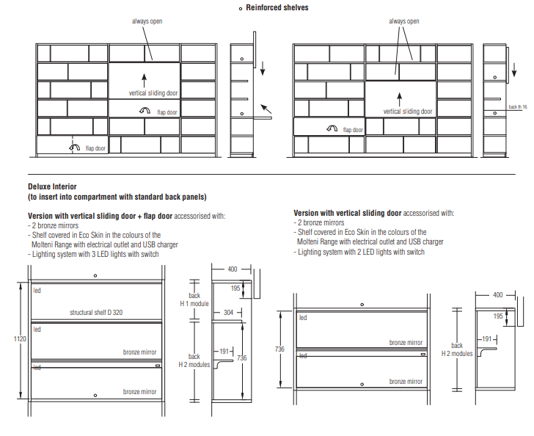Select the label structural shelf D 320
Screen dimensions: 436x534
point(96,312)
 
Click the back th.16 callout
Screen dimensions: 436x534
point(518,107)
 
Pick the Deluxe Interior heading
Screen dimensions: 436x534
point(52,186)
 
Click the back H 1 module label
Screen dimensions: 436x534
point(194,299)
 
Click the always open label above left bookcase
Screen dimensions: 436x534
point(147,21)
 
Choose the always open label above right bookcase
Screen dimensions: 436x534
point(404,21)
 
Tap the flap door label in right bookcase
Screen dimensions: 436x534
point(353,130)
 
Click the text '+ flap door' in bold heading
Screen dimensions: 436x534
point(152,216)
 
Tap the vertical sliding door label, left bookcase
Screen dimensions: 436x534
point(153,93)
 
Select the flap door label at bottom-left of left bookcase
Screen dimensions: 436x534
point(95,149)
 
